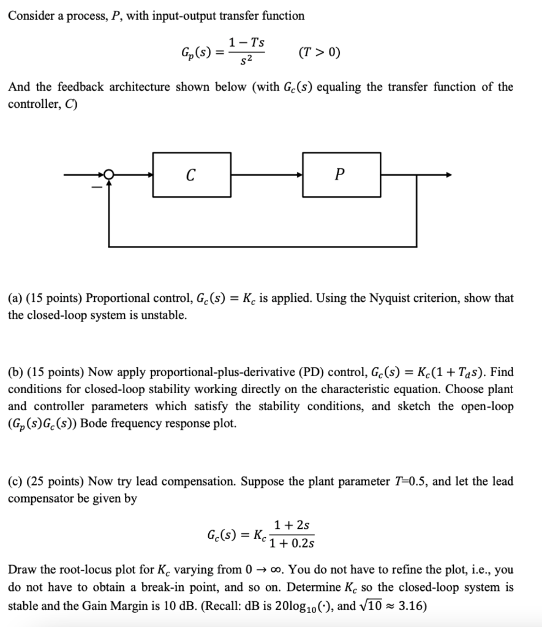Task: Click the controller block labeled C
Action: tap(191, 175)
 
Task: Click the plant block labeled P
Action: tap(341, 175)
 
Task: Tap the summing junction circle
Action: tap(108, 175)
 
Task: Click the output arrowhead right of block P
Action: tap(449, 175)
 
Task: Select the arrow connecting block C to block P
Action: tap(266, 175)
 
